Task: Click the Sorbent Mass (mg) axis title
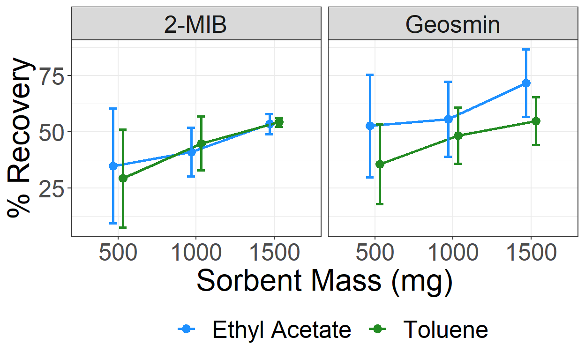(x=324, y=281)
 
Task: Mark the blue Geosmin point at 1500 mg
(x=526, y=83)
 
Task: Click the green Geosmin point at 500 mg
(x=380, y=164)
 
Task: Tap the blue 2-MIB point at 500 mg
(x=113, y=166)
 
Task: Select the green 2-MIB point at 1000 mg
(x=201, y=143)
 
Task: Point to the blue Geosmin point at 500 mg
(x=370, y=126)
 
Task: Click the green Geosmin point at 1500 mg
(x=536, y=121)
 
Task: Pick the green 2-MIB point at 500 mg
(x=123, y=178)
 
